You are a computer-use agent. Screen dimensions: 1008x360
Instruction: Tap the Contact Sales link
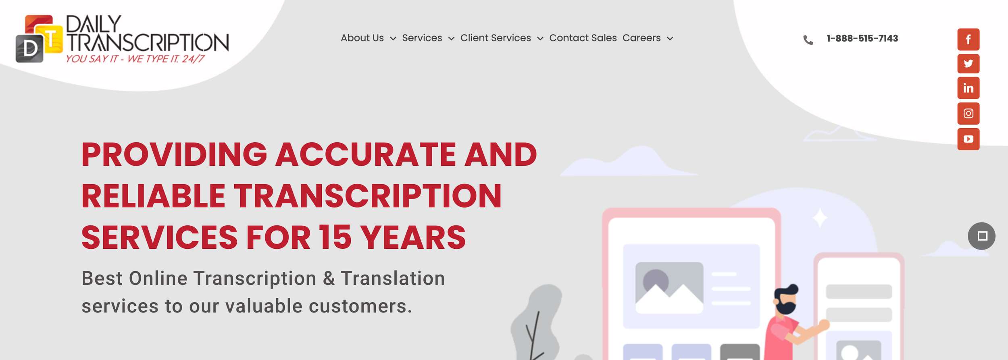pyautogui.click(x=583, y=38)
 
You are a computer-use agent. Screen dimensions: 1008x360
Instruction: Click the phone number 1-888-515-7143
pyautogui.click(x=862, y=38)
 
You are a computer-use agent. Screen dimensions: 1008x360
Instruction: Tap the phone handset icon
pyautogui.click(x=808, y=40)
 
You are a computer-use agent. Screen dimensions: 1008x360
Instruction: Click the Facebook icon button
pyautogui.click(x=968, y=39)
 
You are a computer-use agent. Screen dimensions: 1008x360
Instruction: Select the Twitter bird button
pyautogui.click(x=968, y=63)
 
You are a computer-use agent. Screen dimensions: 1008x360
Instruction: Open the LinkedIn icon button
pyautogui.click(x=968, y=88)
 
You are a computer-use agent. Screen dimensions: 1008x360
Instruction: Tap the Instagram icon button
pyautogui.click(x=968, y=113)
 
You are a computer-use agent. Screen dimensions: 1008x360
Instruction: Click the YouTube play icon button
pyautogui.click(x=968, y=139)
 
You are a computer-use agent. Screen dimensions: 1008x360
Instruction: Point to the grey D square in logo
pyautogui.click(x=29, y=49)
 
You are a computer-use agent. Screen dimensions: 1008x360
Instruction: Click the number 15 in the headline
pyautogui.click(x=335, y=237)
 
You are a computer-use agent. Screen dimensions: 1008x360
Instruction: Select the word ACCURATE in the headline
pyautogui.click(x=365, y=154)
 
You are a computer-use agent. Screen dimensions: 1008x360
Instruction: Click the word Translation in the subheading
pyautogui.click(x=393, y=278)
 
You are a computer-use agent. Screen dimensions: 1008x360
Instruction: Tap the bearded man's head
pyautogui.click(x=785, y=299)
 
